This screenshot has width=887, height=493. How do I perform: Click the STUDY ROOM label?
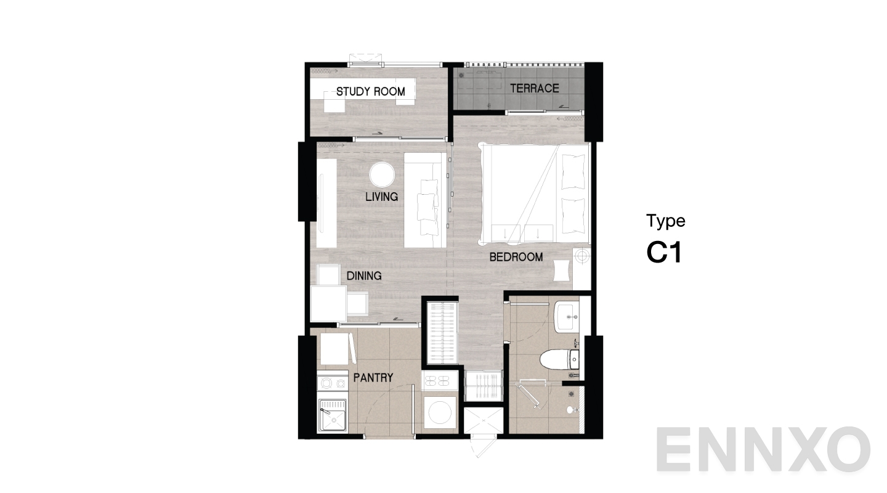(x=371, y=92)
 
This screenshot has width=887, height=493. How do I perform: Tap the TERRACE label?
(x=535, y=88)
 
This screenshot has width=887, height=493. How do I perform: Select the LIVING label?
(x=382, y=197)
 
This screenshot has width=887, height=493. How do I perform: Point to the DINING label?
(x=364, y=276)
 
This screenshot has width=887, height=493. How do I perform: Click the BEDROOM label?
(x=516, y=257)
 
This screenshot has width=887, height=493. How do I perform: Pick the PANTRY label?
(x=373, y=378)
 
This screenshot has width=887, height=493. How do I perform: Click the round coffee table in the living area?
(x=382, y=174)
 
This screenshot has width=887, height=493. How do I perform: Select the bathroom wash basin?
(x=567, y=316)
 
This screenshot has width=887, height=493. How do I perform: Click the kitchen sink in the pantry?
(x=333, y=415)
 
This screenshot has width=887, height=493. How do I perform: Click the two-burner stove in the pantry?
(x=333, y=383)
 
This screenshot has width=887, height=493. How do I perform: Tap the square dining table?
(x=329, y=303)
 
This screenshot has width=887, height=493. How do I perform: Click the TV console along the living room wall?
(x=326, y=203)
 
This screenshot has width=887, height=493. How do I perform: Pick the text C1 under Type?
(x=664, y=253)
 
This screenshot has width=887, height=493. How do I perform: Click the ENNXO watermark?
(x=763, y=449)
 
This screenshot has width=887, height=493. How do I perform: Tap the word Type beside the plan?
(x=666, y=221)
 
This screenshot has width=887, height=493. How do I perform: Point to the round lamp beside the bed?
(x=582, y=256)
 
